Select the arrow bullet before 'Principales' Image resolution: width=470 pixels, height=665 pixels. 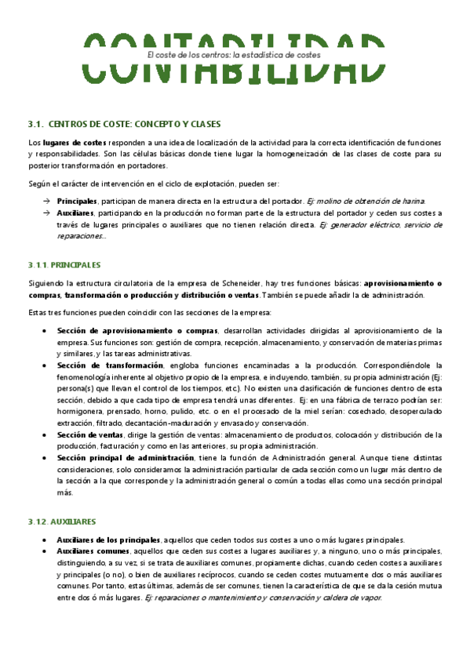(46, 202)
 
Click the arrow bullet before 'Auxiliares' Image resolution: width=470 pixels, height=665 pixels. (46, 213)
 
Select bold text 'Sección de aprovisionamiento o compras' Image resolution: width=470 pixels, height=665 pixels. (137, 331)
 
